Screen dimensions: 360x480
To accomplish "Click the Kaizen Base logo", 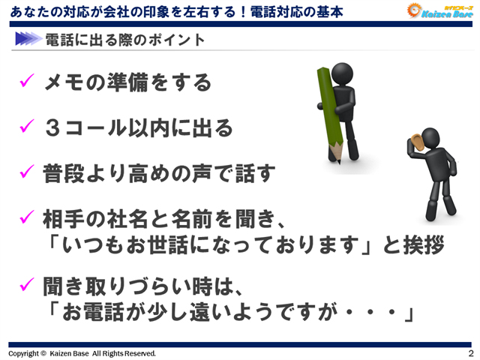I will coord(440,11).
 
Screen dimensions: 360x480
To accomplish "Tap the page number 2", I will coord(470,353).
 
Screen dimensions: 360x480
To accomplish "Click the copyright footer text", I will coord(82,353).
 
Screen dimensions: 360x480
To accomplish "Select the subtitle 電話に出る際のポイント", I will coord(124,39).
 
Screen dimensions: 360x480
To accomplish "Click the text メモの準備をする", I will coord(127,82).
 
